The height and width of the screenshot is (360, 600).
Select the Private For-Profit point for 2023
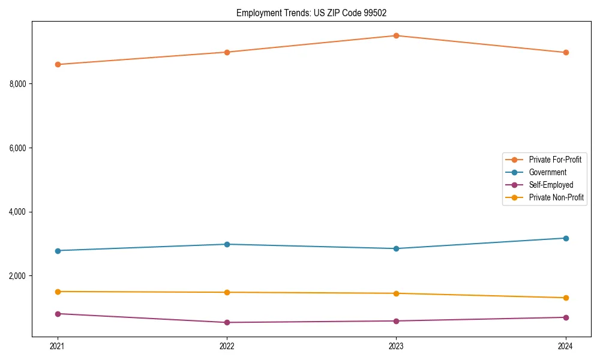point(396,35)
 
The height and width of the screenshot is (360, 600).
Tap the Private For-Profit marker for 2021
point(58,64)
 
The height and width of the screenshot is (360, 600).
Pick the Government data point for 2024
point(566,238)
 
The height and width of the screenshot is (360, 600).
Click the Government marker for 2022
point(227,244)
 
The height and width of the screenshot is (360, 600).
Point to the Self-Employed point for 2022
point(227,322)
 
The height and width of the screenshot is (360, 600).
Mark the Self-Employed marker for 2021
point(58,314)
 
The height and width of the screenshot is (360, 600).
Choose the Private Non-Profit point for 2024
point(566,298)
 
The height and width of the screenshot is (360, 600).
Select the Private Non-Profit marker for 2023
point(396,293)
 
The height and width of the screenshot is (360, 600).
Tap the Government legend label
point(547,172)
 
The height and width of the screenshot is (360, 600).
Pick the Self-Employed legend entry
point(551,185)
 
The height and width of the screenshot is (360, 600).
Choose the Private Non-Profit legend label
point(556,197)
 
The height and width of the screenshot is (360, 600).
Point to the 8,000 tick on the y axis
point(17,84)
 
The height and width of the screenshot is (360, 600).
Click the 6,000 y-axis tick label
point(17,148)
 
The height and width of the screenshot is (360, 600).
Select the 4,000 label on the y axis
point(17,212)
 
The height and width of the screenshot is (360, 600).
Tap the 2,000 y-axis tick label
point(17,276)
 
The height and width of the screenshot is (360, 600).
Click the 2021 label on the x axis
point(58,346)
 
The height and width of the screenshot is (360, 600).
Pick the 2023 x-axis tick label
point(396,346)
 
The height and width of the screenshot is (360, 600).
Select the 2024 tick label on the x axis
point(566,346)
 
